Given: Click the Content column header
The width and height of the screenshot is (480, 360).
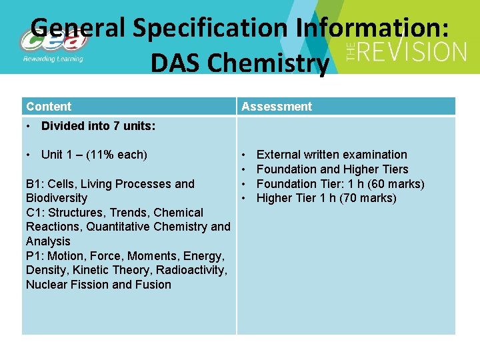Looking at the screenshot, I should (49, 107).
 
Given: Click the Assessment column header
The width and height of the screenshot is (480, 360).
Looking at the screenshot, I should (277, 107).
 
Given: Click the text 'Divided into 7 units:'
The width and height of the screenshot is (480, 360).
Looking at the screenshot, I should (99, 126).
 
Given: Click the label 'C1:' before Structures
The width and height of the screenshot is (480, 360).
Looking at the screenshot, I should (35, 213).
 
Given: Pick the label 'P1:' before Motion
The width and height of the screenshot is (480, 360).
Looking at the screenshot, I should (35, 256).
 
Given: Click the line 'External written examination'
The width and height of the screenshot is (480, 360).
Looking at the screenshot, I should (331, 155).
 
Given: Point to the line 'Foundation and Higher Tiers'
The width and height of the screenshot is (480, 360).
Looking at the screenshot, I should (332, 169).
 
